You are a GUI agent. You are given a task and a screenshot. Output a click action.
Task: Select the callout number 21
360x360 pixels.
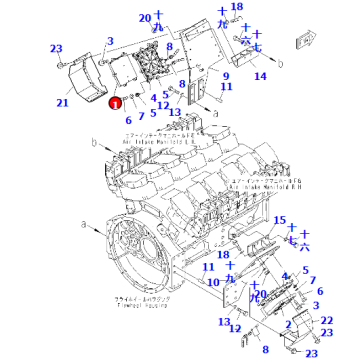62,102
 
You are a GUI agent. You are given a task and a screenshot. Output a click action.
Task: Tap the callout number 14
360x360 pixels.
259,75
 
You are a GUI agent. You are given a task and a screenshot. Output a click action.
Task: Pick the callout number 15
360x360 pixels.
280,220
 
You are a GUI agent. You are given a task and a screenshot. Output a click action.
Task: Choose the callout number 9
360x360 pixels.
225,75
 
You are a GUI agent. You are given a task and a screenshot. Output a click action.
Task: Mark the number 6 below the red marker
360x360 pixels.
128,119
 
